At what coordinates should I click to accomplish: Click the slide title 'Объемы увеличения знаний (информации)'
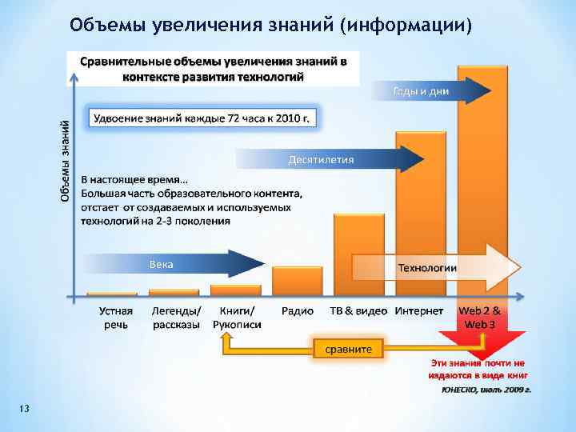point(271,25)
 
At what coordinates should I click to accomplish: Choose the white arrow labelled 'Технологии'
point(432,268)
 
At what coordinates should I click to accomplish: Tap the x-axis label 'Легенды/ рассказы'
point(176,318)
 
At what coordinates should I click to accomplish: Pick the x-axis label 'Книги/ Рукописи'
point(237,318)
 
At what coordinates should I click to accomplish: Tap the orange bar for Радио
point(297,281)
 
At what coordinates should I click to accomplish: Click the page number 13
point(24,410)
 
